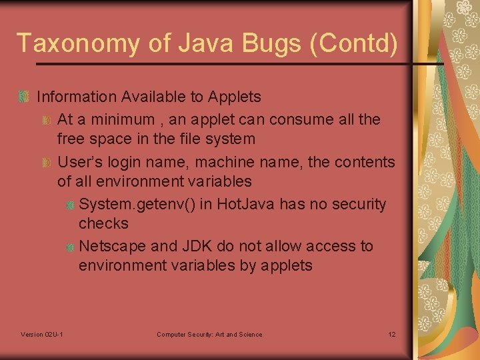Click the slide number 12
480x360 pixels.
[x=391, y=334]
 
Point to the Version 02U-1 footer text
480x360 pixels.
[x=43, y=334]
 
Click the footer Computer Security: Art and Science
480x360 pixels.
[x=209, y=334]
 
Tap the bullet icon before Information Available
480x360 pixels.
[x=25, y=97]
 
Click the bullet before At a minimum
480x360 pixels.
[x=47, y=120]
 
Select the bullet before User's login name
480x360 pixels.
[x=47, y=162]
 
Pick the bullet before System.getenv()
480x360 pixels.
[x=69, y=205]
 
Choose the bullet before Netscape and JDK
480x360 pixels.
[x=69, y=247]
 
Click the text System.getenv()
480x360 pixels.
[x=137, y=204]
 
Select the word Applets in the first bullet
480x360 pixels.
[x=235, y=97]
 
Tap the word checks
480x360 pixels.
[x=103, y=223]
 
